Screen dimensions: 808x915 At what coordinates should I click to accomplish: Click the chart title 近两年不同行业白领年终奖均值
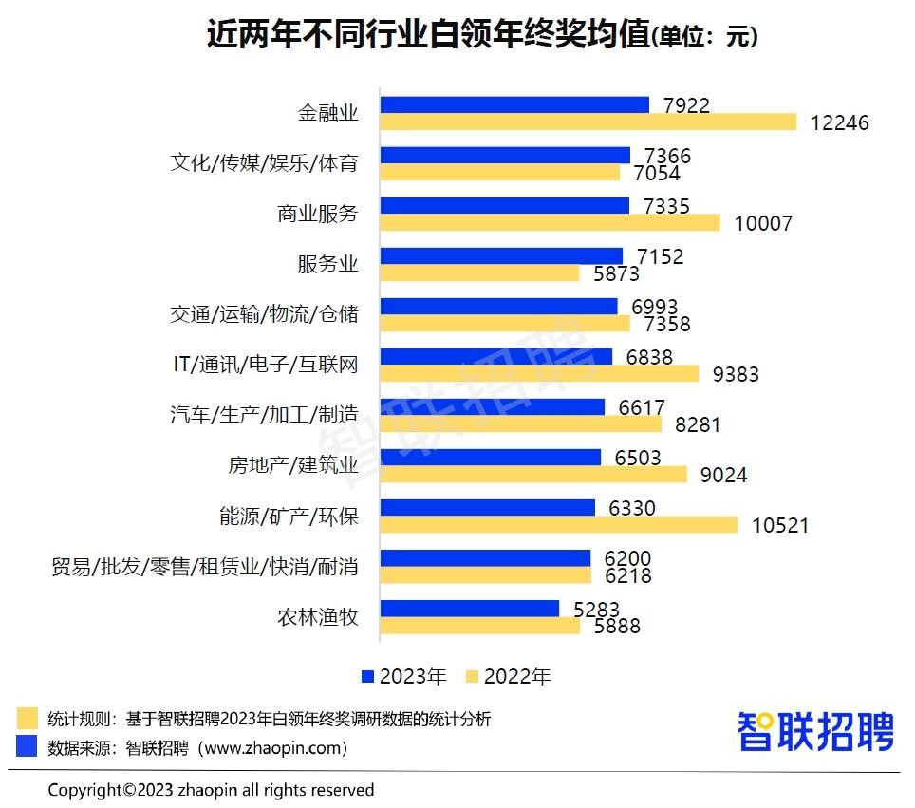[427, 35]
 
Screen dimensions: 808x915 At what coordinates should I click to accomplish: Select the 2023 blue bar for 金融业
[514, 104]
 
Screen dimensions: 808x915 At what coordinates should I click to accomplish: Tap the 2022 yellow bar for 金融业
[588, 122]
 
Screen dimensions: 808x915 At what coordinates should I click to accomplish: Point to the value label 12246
[840, 122]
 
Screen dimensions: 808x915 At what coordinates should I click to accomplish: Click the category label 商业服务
[318, 214]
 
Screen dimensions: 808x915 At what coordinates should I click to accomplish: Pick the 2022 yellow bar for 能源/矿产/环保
[558, 524]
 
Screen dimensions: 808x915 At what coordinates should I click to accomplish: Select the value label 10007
[763, 223]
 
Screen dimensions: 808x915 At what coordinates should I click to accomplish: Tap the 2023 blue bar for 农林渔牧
[469, 608]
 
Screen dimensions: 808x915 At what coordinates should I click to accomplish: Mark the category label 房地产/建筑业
[293, 465]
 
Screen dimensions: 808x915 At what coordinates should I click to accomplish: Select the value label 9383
[736, 374]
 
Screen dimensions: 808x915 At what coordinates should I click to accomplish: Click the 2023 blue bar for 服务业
[501, 256]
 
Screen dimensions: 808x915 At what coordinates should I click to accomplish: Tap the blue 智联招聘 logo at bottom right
[815, 732]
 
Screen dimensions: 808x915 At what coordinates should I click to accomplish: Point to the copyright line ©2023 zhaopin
[211, 790]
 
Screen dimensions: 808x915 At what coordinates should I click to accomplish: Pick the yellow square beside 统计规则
[27, 718]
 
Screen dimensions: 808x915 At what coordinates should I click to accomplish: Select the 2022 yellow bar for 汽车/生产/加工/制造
[521, 423]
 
